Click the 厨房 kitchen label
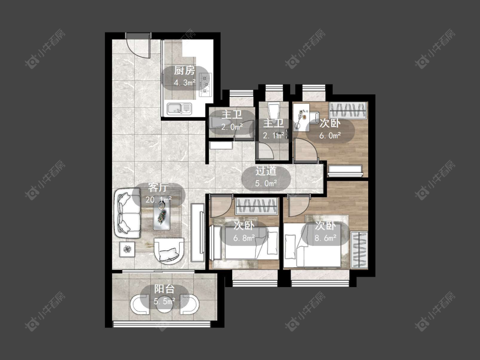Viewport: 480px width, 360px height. point(184,71)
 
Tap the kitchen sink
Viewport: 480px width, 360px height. point(179,108)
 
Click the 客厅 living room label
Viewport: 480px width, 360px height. point(158,187)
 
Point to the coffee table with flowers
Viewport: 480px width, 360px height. point(162,216)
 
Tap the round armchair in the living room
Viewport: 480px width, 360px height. point(169,250)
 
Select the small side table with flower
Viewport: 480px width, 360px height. point(127,250)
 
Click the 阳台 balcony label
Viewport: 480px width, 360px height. point(164,289)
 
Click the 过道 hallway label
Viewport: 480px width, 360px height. point(266,171)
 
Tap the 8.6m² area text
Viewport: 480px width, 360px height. point(326,238)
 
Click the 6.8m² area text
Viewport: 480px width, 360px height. point(244,238)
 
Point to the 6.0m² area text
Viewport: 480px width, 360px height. point(330,135)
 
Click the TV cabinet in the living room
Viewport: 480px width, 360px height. point(198,232)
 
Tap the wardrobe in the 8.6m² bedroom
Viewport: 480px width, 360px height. point(359,250)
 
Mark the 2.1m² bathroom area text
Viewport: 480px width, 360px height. point(274,135)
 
